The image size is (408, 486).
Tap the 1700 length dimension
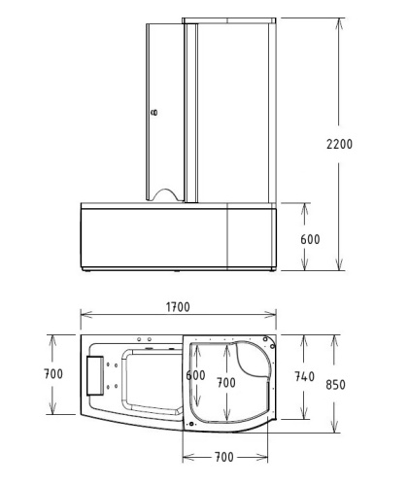(x=177, y=307)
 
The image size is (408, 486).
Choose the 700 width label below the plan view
(x=224, y=456)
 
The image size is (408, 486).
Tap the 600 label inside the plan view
(x=195, y=375)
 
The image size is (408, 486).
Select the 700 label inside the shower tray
(x=226, y=383)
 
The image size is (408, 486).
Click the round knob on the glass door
(x=152, y=113)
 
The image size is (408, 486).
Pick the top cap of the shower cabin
(x=229, y=19)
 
